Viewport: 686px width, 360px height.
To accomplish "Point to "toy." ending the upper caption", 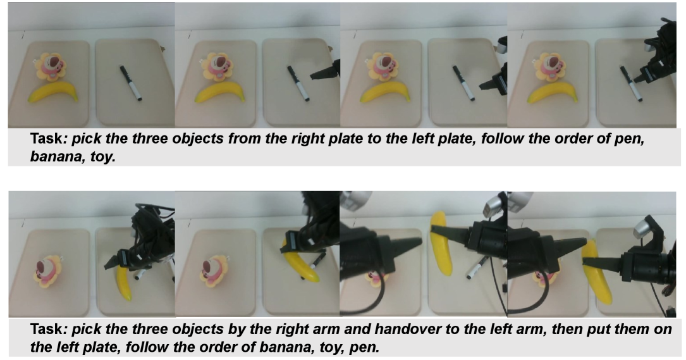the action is (103, 156).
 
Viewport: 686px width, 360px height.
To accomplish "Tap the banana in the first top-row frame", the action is (53, 92).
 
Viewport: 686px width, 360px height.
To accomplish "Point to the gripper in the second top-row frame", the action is (325, 70).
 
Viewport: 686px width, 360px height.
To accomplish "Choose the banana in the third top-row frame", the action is (385, 92).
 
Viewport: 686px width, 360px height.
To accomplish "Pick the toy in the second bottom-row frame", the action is (214, 270).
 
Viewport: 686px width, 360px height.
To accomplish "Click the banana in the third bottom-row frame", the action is (442, 244).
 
